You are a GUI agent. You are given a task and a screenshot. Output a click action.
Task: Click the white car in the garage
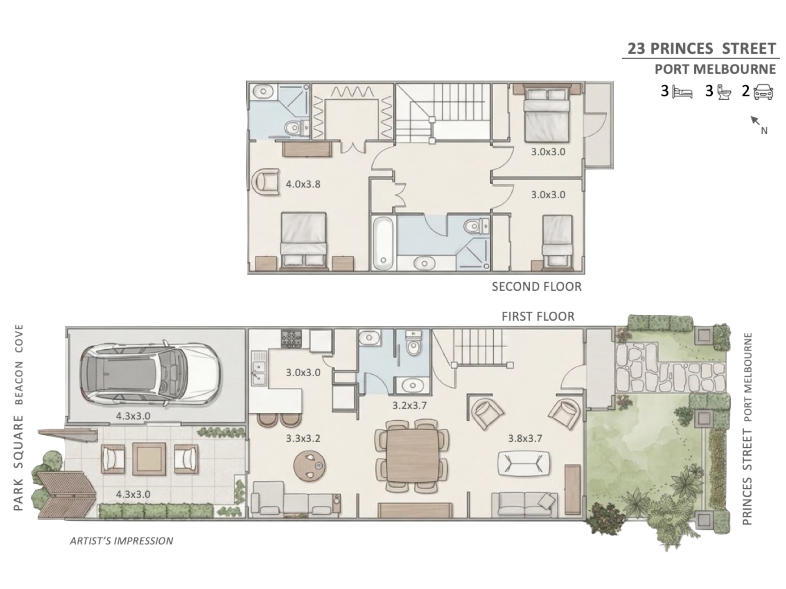[151, 373]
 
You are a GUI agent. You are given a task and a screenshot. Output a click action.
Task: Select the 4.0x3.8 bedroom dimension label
[303, 184]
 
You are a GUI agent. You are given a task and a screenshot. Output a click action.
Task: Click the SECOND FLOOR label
[536, 287]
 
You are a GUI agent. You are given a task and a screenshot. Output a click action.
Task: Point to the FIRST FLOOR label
[538, 316]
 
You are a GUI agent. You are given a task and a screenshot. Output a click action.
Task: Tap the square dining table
[412, 454]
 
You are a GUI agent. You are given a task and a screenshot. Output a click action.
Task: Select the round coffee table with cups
[310, 465]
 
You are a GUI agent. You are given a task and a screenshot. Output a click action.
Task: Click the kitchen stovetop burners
[291, 339]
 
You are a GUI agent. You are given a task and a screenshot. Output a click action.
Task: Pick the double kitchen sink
[258, 368]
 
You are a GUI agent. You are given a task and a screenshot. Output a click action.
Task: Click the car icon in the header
[763, 92]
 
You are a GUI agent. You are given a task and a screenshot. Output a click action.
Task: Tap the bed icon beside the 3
[682, 92]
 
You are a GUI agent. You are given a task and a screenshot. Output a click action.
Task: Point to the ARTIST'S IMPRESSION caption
[122, 541]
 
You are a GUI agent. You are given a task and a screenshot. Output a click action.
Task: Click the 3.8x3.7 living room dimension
[525, 438]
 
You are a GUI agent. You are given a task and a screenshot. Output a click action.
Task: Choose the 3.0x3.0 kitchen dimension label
[303, 373]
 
